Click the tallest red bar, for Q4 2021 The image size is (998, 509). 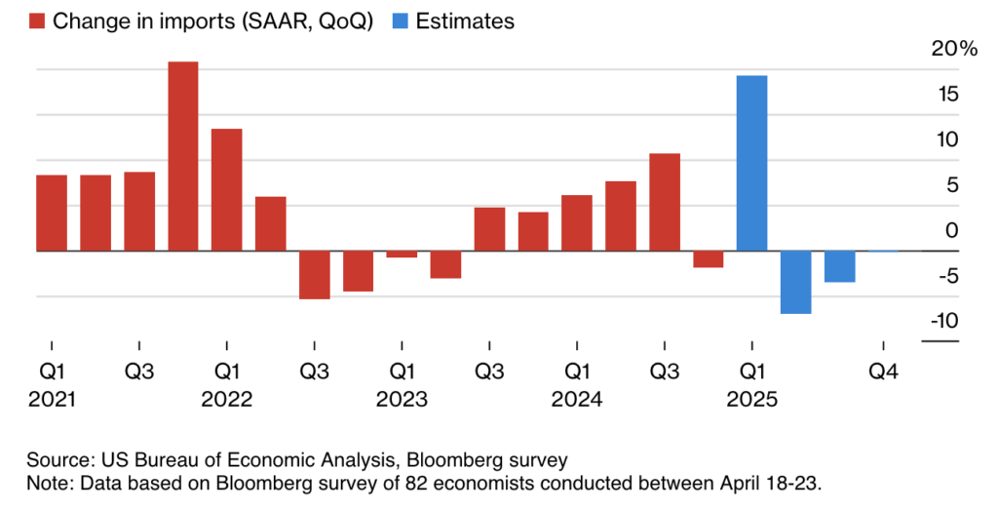pyautogui.click(x=183, y=156)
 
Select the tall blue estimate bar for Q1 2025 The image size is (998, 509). pyautogui.click(x=751, y=163)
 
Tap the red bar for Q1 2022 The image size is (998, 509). pyautogui.click(x=226, y=189)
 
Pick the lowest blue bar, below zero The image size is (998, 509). pyautogui.click(x=795, y=282)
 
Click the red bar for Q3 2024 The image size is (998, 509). pyautogui.click(x=664, y=202)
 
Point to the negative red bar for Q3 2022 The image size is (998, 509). pyautogui.click(x=314, y=274)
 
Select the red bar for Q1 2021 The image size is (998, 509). pyautogui.click(x=52, y=213)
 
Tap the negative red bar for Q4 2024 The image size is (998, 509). pyautogui.click(x=708, y=258)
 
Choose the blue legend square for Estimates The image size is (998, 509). pyautogui.click(x=400, y=20)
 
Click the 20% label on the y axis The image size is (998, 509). pyautogui.click(x=953, y=49)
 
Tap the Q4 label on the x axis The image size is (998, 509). pyautogui.click(x=882, y=372)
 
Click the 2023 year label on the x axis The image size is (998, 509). pyautogui.click(x=402, y=400)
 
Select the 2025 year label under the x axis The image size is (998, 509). pyautogui.click(x=751, y=400)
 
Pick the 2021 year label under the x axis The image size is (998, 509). pyautogui.click(x=52, y=400)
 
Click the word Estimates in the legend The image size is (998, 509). pyautogui.click(x=465, y=20)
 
